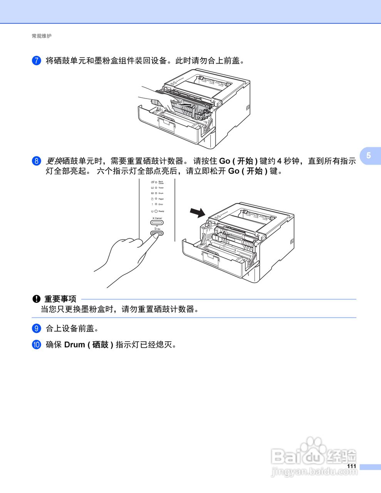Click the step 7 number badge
coord(36,60)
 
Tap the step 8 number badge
coord(36,161)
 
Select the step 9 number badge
coord(36,329)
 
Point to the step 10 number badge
coord(36,345)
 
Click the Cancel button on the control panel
coord(157,223)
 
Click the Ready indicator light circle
coord(156,211)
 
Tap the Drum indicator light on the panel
coord(156,193)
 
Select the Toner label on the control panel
coord(161,188)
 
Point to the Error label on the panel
coord(161,204)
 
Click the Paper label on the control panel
coord(161,199)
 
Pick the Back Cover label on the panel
coord(161,182)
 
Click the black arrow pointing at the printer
coord(198,212)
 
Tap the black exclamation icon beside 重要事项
coord(36,299)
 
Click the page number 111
coord(351,466)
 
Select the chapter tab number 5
coord(369,155)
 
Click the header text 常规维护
coord(41,36)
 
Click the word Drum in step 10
coord(74,345)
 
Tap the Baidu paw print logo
coord(311,447)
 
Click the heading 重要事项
coord(60,299)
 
